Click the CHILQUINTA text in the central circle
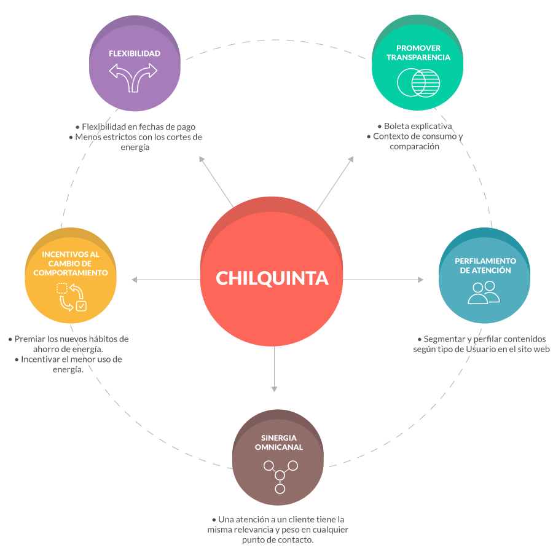click(272, 278)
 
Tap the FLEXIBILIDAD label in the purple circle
click(135, 53)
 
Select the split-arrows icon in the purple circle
click(134, 77)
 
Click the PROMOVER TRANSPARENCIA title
click(418, 53)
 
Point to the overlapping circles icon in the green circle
click(418, 82)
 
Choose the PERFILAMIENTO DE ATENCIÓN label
click(485, 265)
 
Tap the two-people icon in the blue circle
click(484, 292)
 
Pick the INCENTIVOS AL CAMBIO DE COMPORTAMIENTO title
click(71, 263)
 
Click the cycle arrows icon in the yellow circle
click(71, 296)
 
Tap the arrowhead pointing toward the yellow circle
click(135, 280)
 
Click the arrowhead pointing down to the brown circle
click(275, 388)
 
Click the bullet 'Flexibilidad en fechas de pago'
click(138, 127)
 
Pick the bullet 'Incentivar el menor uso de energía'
click(71, 364)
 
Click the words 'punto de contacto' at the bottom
click(278, 540)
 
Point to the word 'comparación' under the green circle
click(414, 146)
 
